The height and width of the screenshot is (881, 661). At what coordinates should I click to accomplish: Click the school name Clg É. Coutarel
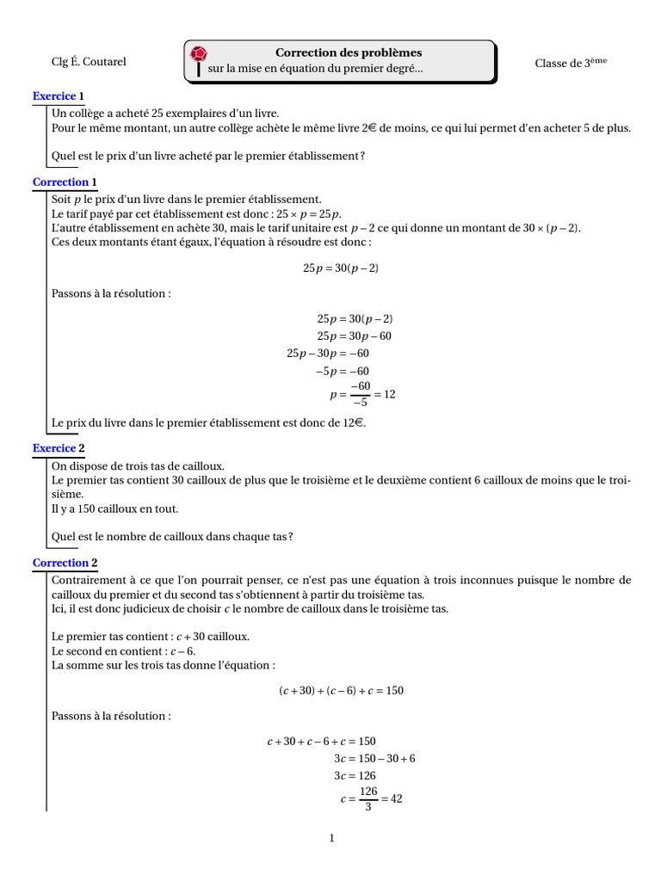[x=89, y=62]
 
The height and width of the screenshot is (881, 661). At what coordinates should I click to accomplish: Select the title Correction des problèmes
[x=349, y=52]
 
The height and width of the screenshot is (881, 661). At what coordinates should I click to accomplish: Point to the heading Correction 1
[x=65, y=182]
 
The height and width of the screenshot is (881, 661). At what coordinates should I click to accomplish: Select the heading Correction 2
[x=65, y=563]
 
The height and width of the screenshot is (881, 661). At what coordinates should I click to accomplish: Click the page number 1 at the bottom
[x=331, y=839]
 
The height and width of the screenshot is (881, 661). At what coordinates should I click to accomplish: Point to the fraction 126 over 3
[x=368, y=798]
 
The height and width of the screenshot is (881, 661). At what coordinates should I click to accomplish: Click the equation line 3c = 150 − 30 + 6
[x=374, y=758]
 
